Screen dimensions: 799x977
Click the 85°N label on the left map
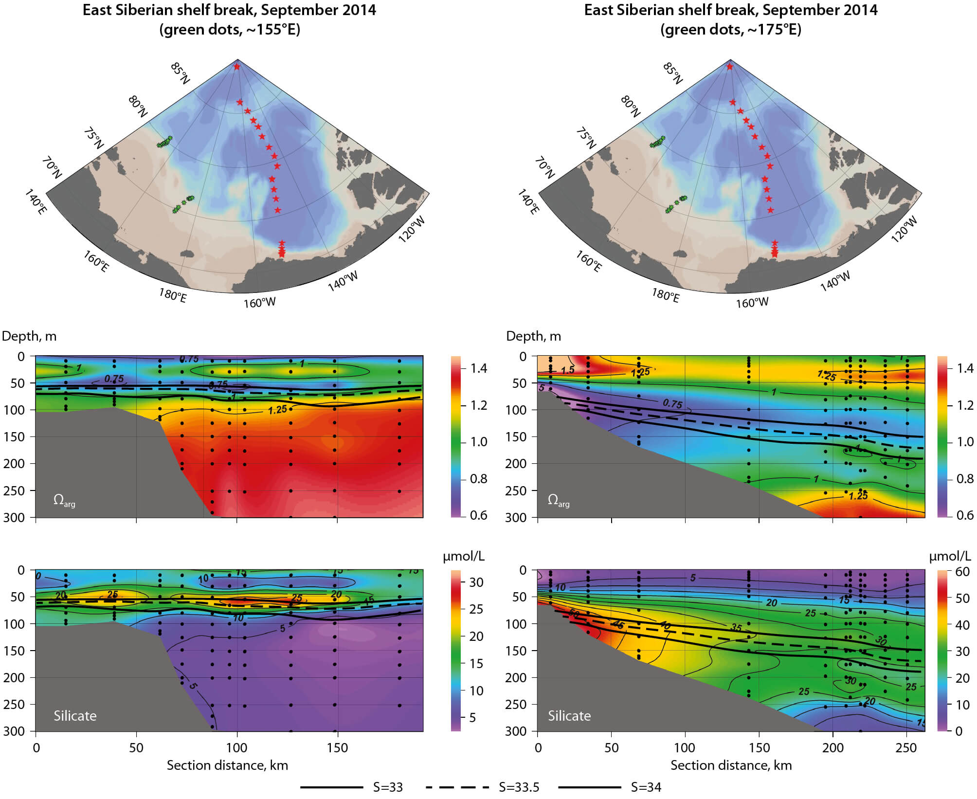coord(180,73)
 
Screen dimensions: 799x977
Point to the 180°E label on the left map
coord(173,295)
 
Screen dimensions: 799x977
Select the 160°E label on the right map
coord(589,261)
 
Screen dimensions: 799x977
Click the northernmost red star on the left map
coord(237,67)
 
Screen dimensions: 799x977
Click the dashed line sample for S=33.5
coord(457,787)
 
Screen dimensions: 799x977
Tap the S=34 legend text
coord(646,787)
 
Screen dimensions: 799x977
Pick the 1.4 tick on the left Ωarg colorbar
coord(479,368)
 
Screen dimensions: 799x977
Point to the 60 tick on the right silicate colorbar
coord(962,572)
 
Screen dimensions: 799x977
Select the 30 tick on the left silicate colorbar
coord(476,582)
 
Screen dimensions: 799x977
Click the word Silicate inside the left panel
coord(75,716)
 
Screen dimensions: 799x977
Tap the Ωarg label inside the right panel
coord(558,500)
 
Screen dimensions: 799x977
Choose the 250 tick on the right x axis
coord(906,748)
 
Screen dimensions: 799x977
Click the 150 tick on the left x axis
coord(337,748)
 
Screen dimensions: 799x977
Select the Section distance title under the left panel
coord(227,765)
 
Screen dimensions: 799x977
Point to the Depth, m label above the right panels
coord(533,336)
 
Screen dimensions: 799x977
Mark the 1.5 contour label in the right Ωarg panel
coord(567,370)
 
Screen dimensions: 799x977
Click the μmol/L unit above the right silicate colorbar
coord(950,556)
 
